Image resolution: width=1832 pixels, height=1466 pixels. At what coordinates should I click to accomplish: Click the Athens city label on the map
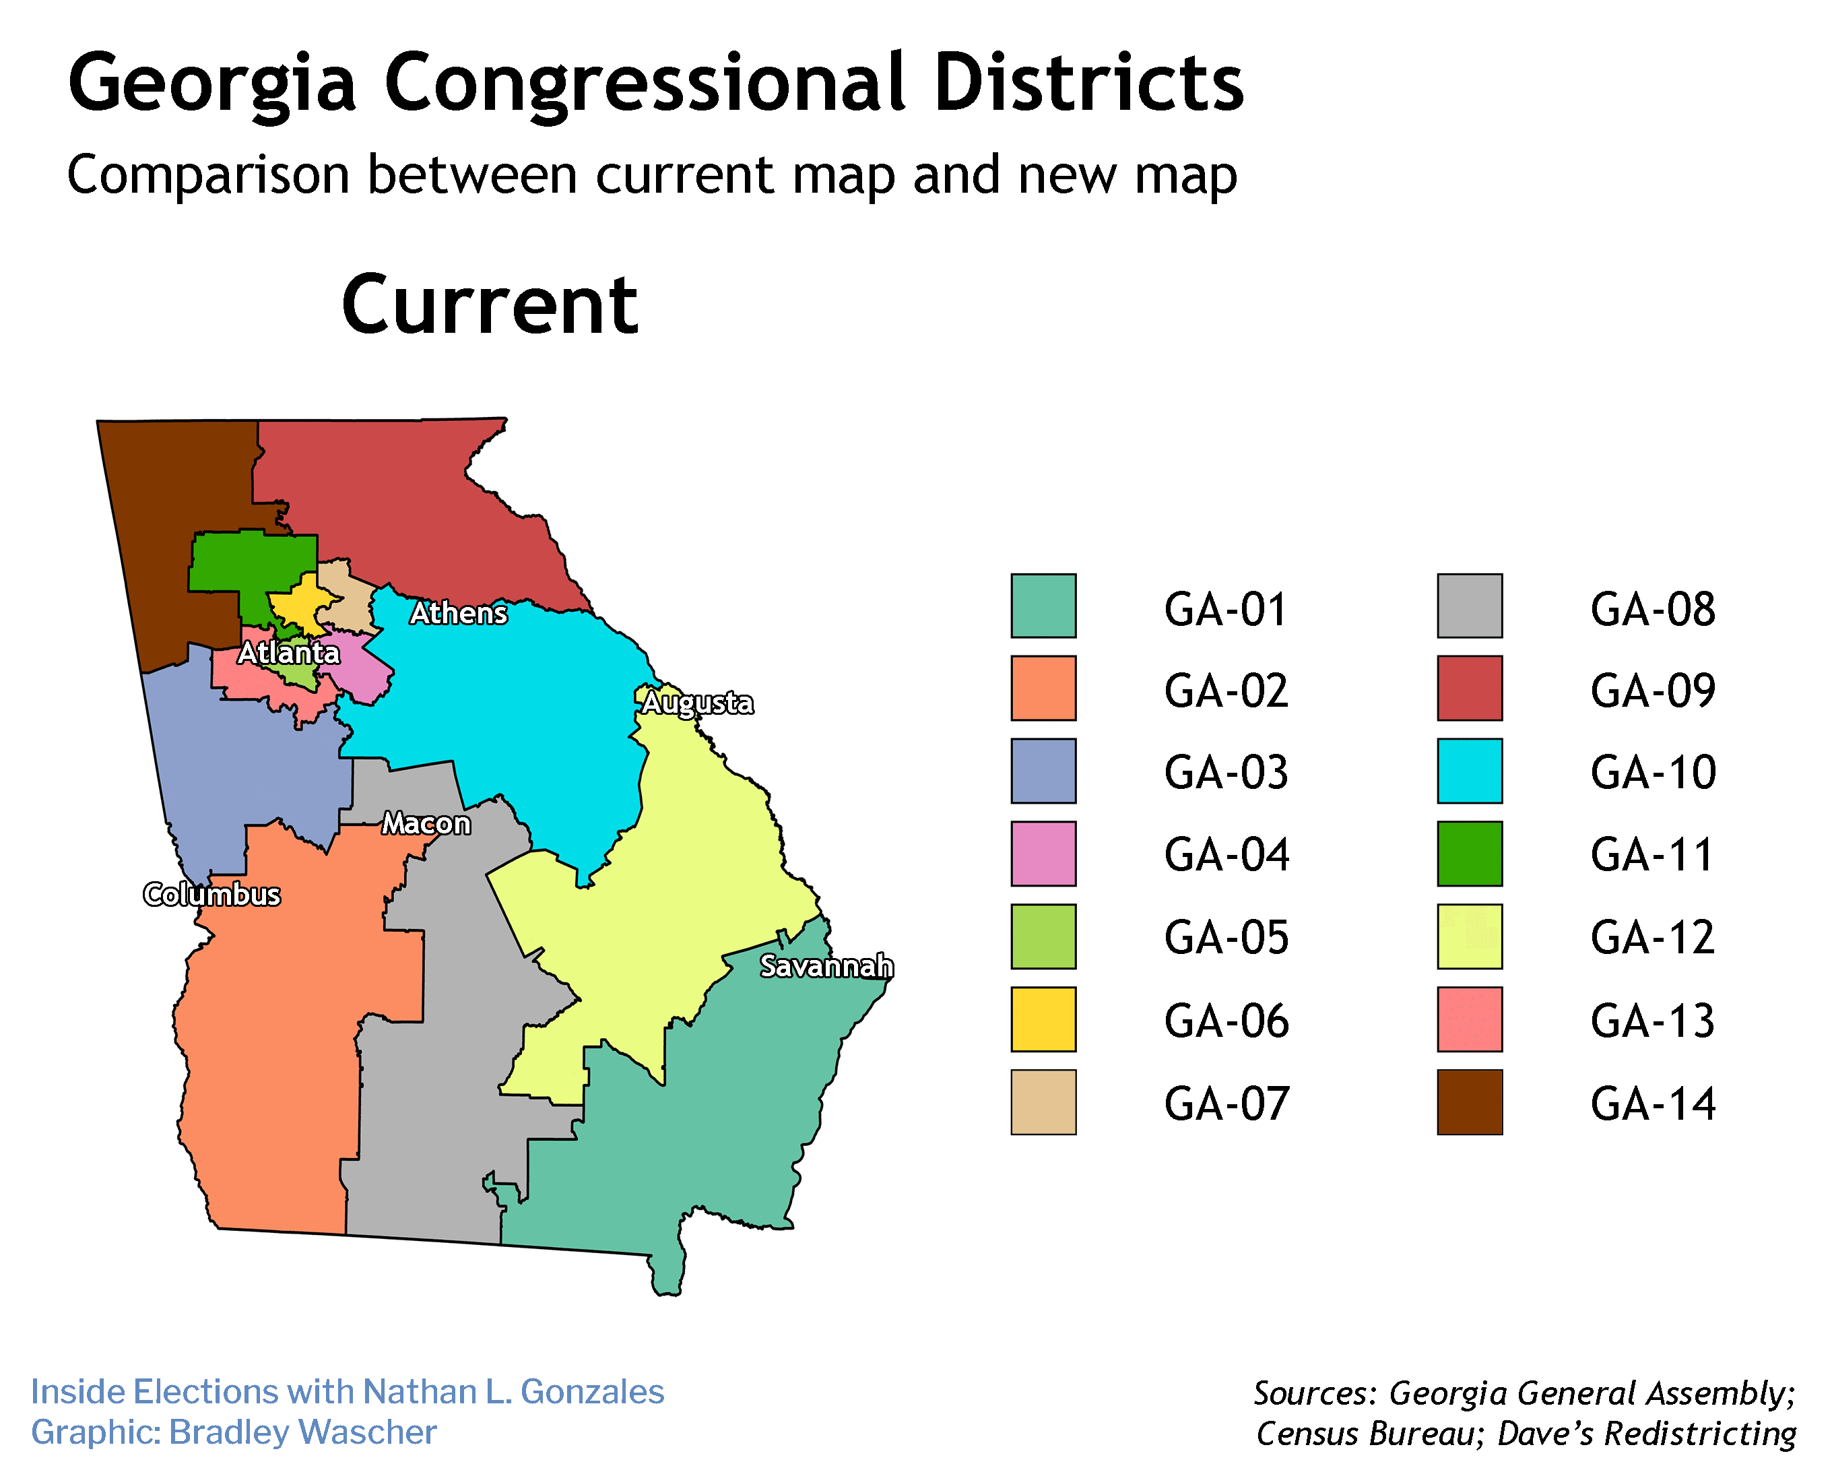[458, 613]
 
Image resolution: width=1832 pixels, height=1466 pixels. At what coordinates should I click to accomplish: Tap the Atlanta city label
[288, 653]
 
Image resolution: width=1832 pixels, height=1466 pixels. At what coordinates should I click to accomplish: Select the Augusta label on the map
[697, 702]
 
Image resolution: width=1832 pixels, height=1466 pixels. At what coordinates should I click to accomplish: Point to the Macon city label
[426, 823]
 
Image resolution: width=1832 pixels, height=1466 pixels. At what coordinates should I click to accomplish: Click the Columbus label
[211, 894]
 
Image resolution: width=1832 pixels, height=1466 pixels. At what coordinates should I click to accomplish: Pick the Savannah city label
[826, 965]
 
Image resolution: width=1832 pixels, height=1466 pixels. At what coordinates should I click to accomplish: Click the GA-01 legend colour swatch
[1043, 606]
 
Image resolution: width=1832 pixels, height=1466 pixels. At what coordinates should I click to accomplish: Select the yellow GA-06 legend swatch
[1043, 1019]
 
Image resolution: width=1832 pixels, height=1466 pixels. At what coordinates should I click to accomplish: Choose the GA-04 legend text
[1225, 855]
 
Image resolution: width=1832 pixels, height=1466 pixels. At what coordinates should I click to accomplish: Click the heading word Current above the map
[490, 305]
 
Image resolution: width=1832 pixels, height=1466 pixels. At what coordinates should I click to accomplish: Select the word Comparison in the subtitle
[208, 175]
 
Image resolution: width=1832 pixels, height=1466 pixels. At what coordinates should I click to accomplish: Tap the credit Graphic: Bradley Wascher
[234, 1432]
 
